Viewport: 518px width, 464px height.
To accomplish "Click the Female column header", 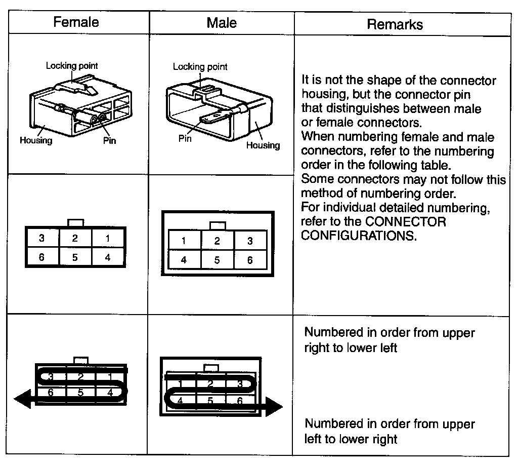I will (76, 22).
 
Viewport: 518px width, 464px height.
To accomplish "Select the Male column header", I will (222, 23).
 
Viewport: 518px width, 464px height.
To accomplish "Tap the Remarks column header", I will (395, 24).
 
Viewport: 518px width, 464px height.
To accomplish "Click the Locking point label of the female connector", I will (72, 66).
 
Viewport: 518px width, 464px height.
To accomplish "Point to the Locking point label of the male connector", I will (200, 67).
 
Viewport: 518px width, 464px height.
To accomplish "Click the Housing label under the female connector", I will (35, 140).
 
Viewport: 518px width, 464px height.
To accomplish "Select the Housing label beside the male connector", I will (263, 145).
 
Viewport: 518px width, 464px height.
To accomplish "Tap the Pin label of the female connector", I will (109, 140).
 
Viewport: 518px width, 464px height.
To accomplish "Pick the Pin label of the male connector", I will (185, 138).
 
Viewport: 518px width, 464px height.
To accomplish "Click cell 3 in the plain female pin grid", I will (41, 238).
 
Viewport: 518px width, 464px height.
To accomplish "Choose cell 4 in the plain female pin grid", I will (108, 257).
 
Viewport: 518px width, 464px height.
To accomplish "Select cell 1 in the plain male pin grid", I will (184, 241).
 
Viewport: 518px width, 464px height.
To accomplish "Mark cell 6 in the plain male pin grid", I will (250, 260).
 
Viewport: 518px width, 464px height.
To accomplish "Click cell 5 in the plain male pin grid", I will (217, 260).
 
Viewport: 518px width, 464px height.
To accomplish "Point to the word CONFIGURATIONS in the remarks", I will (359, 236).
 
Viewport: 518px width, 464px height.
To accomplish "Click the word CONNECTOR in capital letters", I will (406, 222).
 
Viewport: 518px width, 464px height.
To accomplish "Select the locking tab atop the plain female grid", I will (75, 223).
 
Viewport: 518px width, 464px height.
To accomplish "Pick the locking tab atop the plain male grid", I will (217, 225).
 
